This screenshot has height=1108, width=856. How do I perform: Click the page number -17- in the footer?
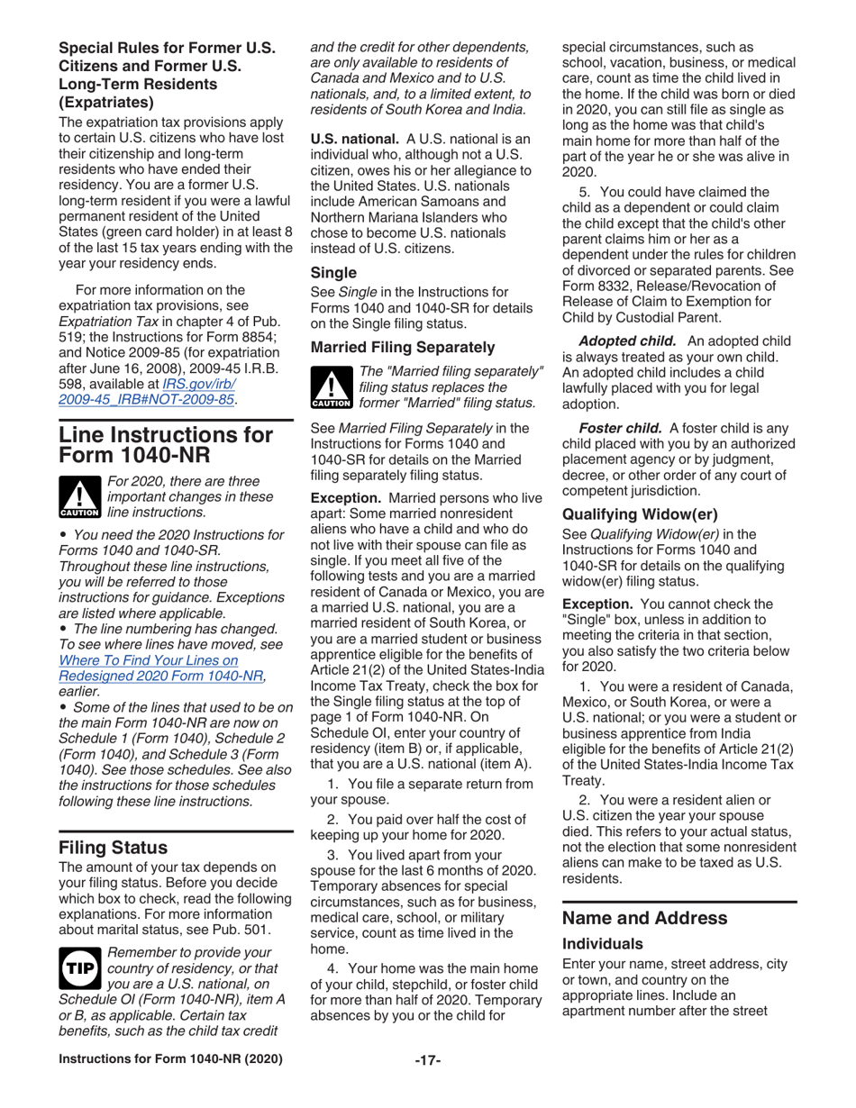pyautogui.click(x=427, y=1084)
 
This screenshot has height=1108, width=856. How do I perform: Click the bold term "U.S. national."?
pyautogui.click(x=355, y=141)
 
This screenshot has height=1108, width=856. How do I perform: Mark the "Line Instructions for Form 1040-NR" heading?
pyautogui.click(x=165, y=449)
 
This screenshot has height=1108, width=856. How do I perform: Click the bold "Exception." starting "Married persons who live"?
pyautogui.click(x=347, y=421)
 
